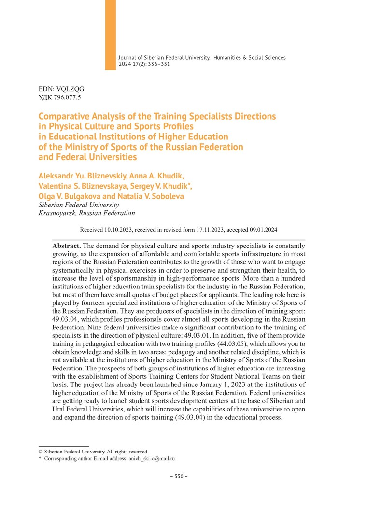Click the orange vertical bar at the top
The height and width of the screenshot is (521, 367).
coord(111,35)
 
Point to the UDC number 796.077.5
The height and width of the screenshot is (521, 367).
coord(66,97)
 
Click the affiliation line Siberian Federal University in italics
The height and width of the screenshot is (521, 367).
coord(78,205)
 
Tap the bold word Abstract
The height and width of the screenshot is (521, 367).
coord(66,246)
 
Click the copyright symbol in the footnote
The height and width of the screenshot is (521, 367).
coord(41,452)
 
